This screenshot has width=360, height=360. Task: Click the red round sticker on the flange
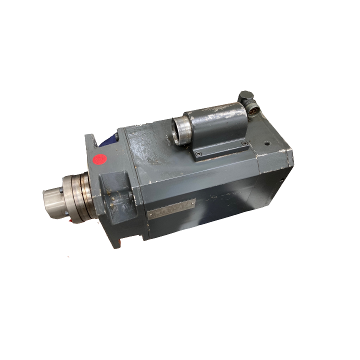[x=100, y=160]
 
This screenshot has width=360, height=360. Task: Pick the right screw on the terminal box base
[x=244, y=144]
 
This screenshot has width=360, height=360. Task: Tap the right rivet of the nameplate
[x=191, y=201]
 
